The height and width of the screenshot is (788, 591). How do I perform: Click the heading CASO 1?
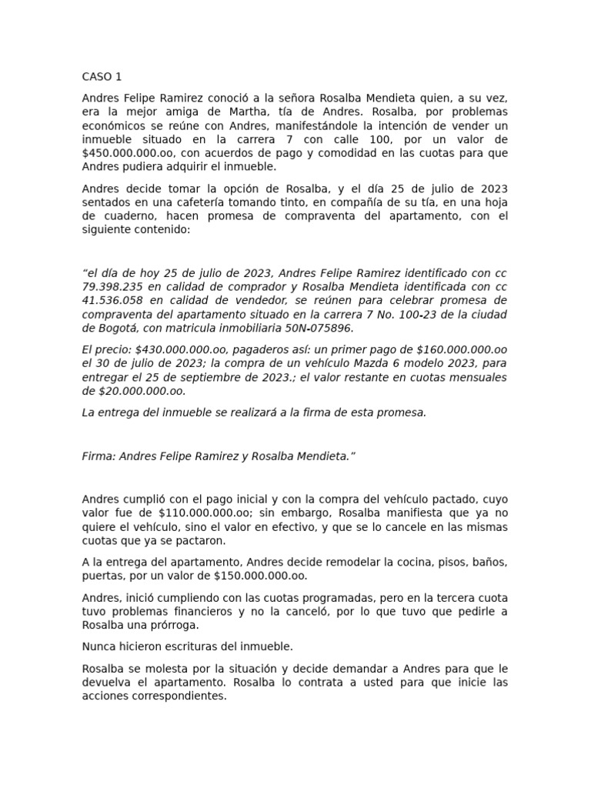click(x=102, y=77)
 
